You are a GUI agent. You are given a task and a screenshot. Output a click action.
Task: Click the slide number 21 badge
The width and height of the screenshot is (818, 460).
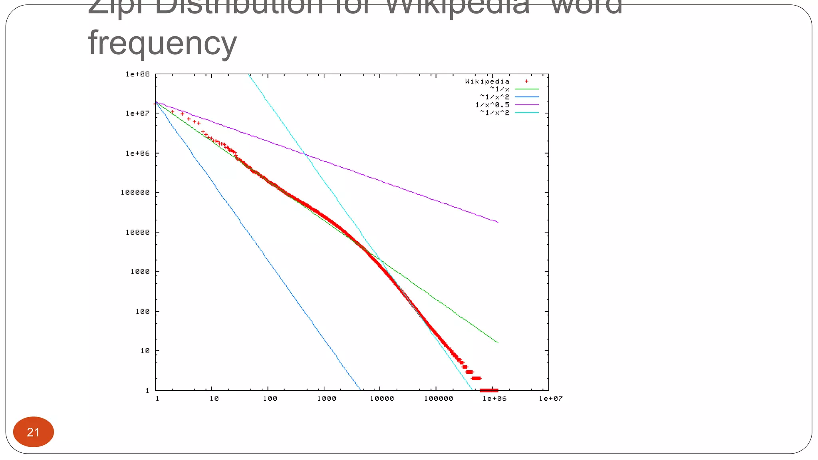33,432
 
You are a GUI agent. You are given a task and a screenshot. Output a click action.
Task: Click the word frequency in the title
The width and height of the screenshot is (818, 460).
162,43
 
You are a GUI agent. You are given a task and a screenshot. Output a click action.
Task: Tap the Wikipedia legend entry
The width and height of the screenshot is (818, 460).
487,81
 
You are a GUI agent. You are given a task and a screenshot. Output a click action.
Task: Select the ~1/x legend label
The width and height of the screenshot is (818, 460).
500,89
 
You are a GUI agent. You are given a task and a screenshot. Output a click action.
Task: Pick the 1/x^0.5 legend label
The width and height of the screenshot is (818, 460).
492,105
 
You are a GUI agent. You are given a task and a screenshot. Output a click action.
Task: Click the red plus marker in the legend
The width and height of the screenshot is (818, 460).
526,81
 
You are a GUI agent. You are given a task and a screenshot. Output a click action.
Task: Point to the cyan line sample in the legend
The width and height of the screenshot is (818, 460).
526,113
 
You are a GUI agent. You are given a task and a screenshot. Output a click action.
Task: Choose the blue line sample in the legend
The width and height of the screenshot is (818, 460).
526,97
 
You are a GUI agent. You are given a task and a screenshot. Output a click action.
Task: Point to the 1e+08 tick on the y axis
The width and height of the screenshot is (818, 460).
137,74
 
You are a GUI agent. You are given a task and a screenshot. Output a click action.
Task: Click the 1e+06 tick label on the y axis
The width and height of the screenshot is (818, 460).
137,153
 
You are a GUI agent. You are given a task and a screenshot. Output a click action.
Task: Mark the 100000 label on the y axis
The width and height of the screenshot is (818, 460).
135,192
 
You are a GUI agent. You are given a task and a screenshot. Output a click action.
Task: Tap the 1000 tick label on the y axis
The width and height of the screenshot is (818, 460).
140,272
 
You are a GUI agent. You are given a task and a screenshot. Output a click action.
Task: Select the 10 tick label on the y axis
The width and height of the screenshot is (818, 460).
145,351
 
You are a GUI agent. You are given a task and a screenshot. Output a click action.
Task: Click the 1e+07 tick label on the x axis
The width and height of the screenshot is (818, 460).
550,399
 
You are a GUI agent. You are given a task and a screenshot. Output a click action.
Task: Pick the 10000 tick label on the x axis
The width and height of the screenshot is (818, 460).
381,399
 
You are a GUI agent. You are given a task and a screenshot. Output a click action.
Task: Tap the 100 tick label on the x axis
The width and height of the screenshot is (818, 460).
270,399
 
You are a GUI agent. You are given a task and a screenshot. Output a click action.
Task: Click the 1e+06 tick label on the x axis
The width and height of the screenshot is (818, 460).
494,399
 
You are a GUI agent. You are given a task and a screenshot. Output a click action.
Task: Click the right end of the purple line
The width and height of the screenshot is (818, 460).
498,222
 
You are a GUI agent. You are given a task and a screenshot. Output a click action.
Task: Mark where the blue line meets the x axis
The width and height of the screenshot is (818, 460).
360,390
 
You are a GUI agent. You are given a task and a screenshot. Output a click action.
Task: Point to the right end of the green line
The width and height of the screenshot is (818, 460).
498,343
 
